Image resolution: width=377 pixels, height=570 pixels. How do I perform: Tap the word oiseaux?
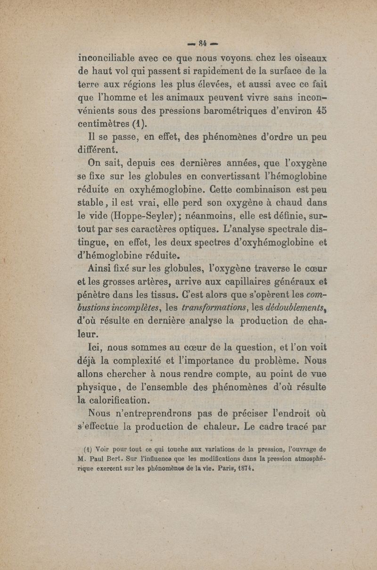(x=306, y=59)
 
